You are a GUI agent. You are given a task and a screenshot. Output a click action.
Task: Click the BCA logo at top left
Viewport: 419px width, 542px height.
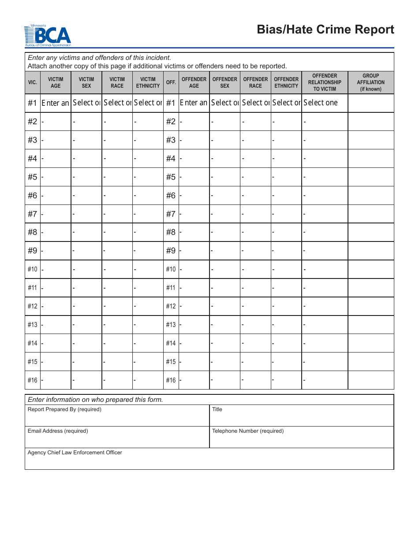click(48, 36)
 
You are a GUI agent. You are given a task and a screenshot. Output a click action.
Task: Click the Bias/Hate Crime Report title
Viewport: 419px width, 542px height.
click(325, 30)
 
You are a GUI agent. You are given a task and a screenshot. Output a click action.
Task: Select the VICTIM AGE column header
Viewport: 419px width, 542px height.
click(56, 83)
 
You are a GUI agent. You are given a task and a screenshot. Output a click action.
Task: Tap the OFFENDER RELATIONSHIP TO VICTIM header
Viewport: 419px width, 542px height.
click(325, 82)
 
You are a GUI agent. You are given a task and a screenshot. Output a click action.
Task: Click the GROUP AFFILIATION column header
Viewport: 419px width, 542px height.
click(370, 82)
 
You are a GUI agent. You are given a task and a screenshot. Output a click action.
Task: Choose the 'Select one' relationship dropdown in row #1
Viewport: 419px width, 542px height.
click(325, 103)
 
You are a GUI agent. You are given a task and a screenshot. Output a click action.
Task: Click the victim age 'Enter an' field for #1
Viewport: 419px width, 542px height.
click(56, 103)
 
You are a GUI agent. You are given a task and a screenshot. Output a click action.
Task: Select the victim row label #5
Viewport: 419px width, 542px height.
click(33, 177)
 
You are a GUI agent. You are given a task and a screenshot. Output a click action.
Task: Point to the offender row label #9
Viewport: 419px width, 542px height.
click(171, 251)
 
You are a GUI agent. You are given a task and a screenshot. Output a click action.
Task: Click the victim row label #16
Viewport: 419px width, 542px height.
click(33, 380)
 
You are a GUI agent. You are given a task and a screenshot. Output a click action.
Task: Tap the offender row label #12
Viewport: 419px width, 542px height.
click(171, 306)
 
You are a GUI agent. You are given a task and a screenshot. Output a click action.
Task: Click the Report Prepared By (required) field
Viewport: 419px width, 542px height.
click(117, 416)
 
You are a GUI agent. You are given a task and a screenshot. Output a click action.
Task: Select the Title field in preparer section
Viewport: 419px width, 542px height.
click(301, 416)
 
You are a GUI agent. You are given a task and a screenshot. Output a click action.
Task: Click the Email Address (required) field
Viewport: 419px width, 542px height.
click(117, 438)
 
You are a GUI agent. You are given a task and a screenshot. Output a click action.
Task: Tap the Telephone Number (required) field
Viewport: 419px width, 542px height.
click(301, 438)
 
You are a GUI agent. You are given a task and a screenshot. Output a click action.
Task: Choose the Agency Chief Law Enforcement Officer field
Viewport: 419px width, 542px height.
click(209, 459)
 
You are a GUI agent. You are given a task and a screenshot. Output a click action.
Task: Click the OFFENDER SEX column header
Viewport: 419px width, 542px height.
click(225, 83)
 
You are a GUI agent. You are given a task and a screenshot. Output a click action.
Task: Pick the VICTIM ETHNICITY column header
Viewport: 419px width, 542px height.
click(148, 83)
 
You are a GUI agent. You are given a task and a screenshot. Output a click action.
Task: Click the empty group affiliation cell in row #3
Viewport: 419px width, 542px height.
click(370, 140)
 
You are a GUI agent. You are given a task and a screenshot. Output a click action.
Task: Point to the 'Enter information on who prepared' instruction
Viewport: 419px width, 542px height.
click(96, 400)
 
